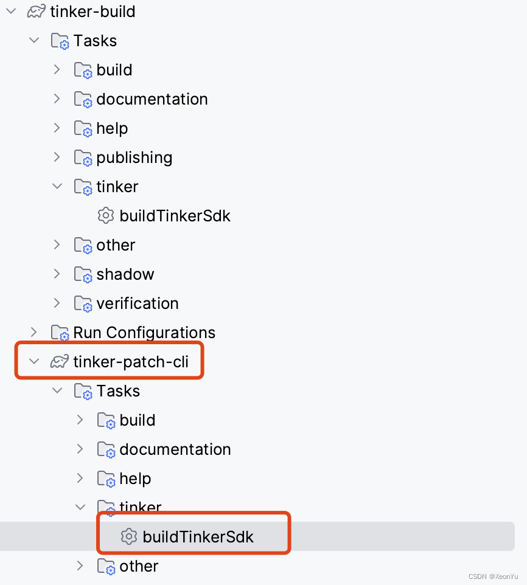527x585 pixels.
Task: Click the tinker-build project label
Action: (92, 12)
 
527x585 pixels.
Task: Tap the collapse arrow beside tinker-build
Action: (11, 11)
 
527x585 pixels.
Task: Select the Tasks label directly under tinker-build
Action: (95, 41)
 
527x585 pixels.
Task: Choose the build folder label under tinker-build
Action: (114, 70)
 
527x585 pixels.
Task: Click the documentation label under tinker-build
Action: (152, 99)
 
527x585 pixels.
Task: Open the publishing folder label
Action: (134, 157)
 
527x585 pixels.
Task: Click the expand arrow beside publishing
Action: (57, 157)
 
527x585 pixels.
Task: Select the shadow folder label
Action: (125, 274)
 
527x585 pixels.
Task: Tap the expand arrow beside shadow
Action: (57, 274)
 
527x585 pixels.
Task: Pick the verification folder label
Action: (137, 303)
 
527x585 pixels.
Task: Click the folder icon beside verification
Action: (83, 304)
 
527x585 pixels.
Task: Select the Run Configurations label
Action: (144, 333)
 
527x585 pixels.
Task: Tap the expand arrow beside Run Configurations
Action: (34, 332)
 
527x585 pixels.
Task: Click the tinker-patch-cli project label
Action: (131, 362)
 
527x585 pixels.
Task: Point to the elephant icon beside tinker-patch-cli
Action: (60, 362)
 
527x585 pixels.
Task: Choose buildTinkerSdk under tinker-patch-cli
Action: (198, 537)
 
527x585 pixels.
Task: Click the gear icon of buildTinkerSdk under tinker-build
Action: (106, 215)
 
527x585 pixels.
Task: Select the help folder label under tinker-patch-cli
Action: (135, 479)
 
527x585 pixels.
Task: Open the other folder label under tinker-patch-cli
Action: (139, 566)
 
